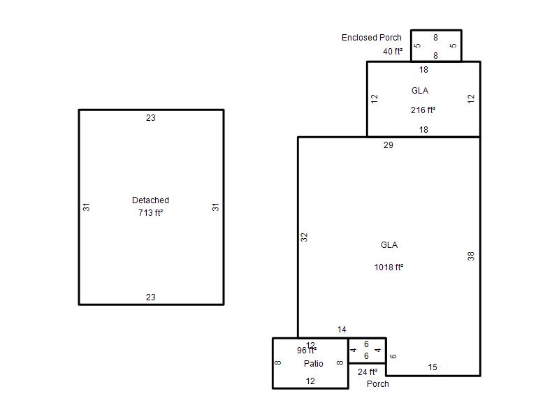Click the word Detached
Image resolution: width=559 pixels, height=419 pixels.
[150, 200]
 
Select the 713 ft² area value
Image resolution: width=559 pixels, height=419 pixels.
[150, 213]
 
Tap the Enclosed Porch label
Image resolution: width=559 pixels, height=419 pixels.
[372, 38]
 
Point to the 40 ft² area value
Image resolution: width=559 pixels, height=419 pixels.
[393, 51]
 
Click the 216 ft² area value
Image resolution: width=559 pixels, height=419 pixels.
[423, 110]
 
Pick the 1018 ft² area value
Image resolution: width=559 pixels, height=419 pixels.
[389, 267]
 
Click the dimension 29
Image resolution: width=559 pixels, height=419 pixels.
[389, 145]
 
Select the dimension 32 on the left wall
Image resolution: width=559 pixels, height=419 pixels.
[304, 237]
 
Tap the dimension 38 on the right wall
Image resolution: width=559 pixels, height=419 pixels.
[471, 256]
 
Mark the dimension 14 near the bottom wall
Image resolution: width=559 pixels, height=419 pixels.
[342, 330]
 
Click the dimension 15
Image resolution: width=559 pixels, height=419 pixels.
[433, 367]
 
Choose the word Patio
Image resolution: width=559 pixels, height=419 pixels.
[313, 363]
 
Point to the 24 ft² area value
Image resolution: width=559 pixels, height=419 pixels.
[368, 372]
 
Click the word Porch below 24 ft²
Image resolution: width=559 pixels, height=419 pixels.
[378, 383]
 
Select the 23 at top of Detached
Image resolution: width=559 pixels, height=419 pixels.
[151, 118]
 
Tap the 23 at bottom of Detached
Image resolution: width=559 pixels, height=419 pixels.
[151, 297]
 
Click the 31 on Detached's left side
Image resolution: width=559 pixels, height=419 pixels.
[86, 207]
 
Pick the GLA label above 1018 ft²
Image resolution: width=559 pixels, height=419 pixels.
[389, 245]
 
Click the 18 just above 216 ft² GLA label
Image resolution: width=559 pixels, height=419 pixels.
[423, 70]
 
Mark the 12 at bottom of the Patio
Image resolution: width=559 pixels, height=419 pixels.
[310, 381]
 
